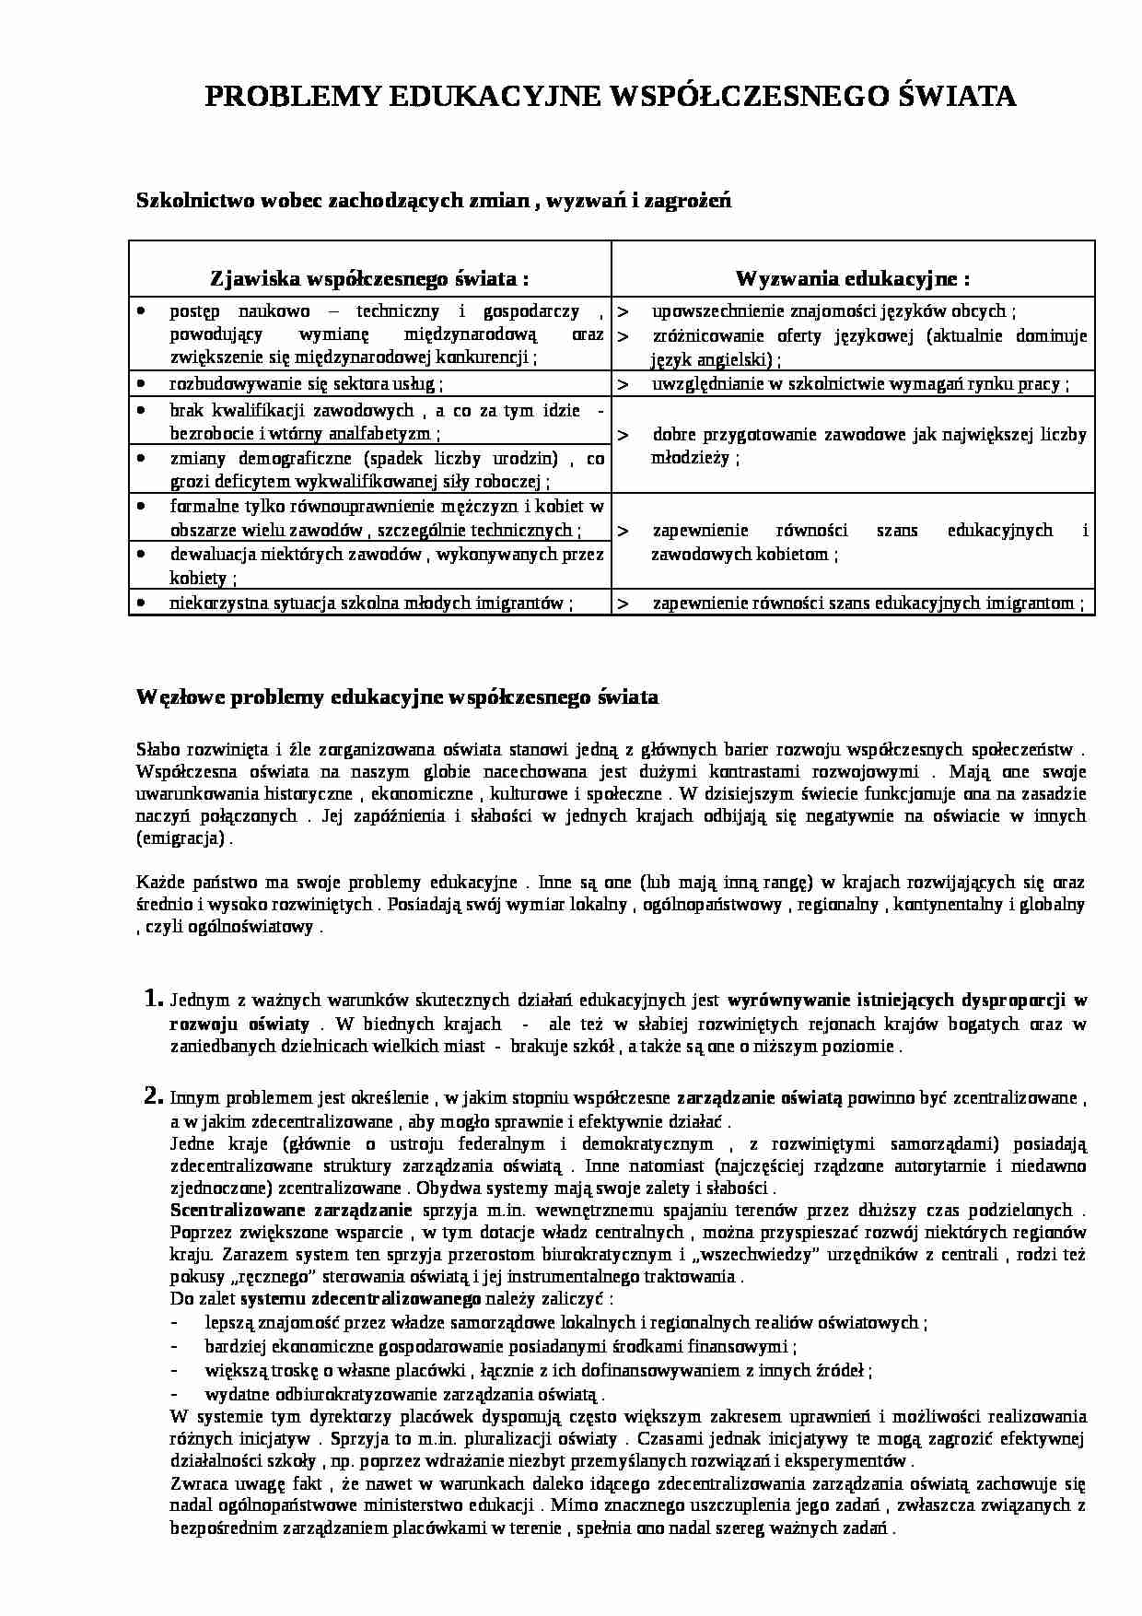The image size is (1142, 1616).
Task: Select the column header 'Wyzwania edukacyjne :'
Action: (x=852, y=278)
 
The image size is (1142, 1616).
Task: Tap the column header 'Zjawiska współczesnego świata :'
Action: (x=370, y=278)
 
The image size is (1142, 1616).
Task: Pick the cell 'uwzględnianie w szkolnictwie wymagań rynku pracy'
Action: (x=860, y=384)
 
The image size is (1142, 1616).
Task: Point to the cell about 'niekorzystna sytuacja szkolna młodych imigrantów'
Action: (x=371, y=603)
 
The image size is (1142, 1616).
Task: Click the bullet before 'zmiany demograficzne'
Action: (x=140, y=458)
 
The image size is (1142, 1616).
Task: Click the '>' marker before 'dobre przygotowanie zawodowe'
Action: (x=623, y=435)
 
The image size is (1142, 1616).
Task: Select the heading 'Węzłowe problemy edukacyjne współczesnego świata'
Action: (x=397, y=697)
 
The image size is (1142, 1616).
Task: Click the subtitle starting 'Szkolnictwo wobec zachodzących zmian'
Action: (x=434, y=199)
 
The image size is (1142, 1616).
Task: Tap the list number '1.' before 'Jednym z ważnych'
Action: (x=154, y=998)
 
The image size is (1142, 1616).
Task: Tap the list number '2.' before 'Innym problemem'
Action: (x=154, y=1096)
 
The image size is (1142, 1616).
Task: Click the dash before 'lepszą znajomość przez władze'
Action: (x=176, y=1323)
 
